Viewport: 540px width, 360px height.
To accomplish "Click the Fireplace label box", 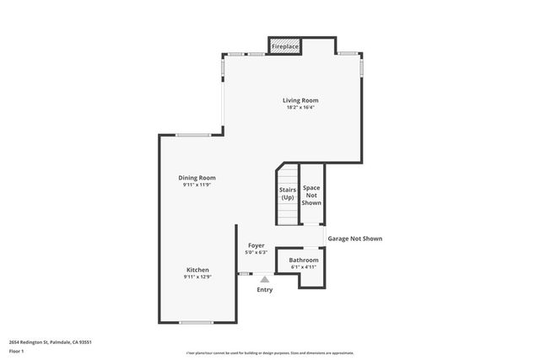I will [x=284, y=46].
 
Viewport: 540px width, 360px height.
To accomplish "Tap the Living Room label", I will [x=300, y=100].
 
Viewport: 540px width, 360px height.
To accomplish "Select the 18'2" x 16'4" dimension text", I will [x=300, y=108].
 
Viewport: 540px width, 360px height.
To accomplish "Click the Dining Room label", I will [x=197, y=177].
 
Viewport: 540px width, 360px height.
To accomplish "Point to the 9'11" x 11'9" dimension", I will [x=197, y=185].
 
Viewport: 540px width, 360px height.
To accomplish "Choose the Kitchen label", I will [x=197, y=270].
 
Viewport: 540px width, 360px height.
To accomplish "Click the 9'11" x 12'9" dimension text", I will [x=197, y=277].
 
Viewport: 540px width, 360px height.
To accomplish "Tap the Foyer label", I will [x=256, y=245].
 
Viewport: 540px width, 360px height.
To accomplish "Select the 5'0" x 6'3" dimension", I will [x=256, y=252].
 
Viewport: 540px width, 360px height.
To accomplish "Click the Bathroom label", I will [x=304, y=261].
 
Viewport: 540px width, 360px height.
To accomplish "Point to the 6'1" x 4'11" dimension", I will [x=304, y=267].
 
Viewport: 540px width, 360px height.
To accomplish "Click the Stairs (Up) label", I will [x=287, y=193].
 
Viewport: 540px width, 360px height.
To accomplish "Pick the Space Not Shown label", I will [x=311, y=195].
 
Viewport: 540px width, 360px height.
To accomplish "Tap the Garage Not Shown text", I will [x=354, y=239].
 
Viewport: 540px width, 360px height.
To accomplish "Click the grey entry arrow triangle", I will [x=265, y=279].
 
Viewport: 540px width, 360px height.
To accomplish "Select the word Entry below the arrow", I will [x=265, y=290].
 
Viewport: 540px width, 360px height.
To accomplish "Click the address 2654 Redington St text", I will [x=50, y=341].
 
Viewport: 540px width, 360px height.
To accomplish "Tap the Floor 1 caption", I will [x=16, y=351].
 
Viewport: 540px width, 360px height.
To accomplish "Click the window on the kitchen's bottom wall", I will [x=196, y=322].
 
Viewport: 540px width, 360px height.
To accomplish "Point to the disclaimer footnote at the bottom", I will [x=270, y=353].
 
